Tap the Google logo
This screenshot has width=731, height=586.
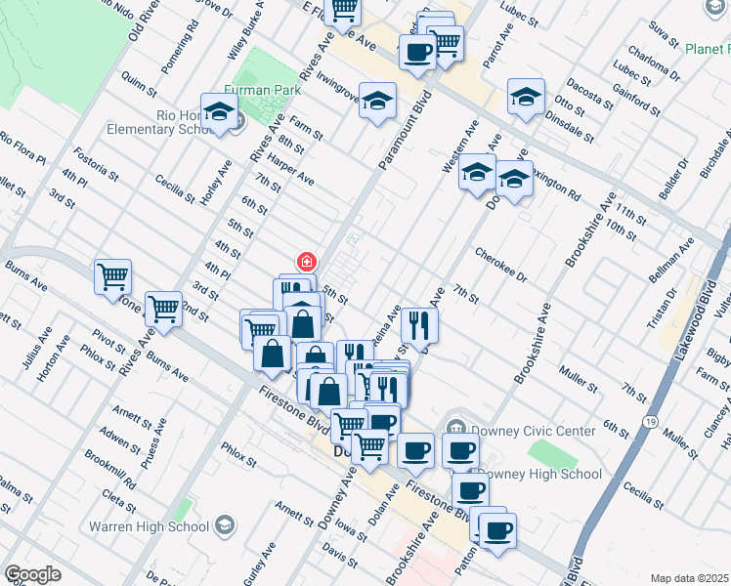(32, 574)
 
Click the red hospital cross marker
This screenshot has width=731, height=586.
(307, 262)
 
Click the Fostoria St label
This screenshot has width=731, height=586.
(96, 164)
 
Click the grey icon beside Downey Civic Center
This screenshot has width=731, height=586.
(454, 428)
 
